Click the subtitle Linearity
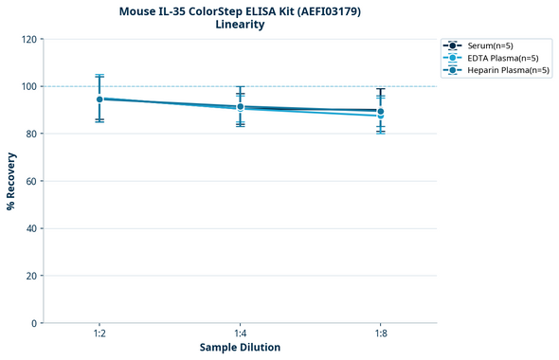tap(240, 25)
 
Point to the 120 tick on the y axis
tap(29, 39)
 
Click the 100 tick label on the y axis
tap(29, 86)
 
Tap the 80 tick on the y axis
tap(32, 134)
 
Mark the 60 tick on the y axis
tap(32, 181)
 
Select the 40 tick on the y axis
tap(32, 228)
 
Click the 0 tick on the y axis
tap(35, 323)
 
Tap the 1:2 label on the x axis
tap(99, 333)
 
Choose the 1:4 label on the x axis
tap(240, 333)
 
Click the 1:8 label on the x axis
tap(380, 333)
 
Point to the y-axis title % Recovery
tap(11, 181)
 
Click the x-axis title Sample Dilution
tap(240, 348)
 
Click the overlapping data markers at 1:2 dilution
tap(99, 99)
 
